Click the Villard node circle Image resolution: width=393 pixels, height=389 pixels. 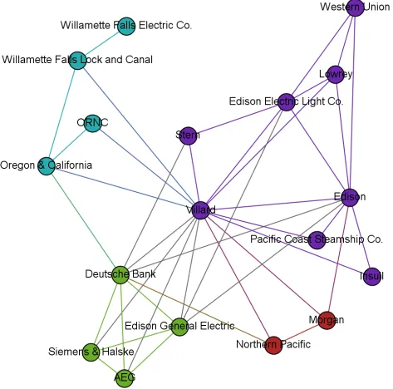coord(200,210)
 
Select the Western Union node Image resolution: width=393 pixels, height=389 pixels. coord(355,7)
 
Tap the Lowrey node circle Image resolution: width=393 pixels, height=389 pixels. coord(336,75)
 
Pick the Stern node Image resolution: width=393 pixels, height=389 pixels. coord(188,135)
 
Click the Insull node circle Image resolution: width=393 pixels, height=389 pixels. coord(372,276)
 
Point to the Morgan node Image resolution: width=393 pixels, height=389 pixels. coord(327,320)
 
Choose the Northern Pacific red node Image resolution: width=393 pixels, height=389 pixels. coord(273,345)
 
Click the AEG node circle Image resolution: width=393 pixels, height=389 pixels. coord(125,378)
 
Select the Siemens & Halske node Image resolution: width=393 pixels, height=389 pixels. coord(91,352)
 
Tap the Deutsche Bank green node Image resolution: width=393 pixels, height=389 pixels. coord(120,275)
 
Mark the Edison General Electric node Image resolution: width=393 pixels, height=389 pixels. coord(179,327)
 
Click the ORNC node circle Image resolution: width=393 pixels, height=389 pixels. coord(92,123)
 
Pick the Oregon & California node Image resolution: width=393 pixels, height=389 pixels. coord(47,166)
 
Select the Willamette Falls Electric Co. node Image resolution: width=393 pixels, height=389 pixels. coord(126,27)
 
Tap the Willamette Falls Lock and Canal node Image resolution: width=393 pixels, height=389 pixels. coord(77,61)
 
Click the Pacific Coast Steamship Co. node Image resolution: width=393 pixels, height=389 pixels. coord(317,240)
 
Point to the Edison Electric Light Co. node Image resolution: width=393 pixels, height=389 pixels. coord(286,102)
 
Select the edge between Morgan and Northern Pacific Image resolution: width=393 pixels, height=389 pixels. coord(300,332)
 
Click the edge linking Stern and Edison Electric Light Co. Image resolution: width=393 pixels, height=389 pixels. coord(237,119)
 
